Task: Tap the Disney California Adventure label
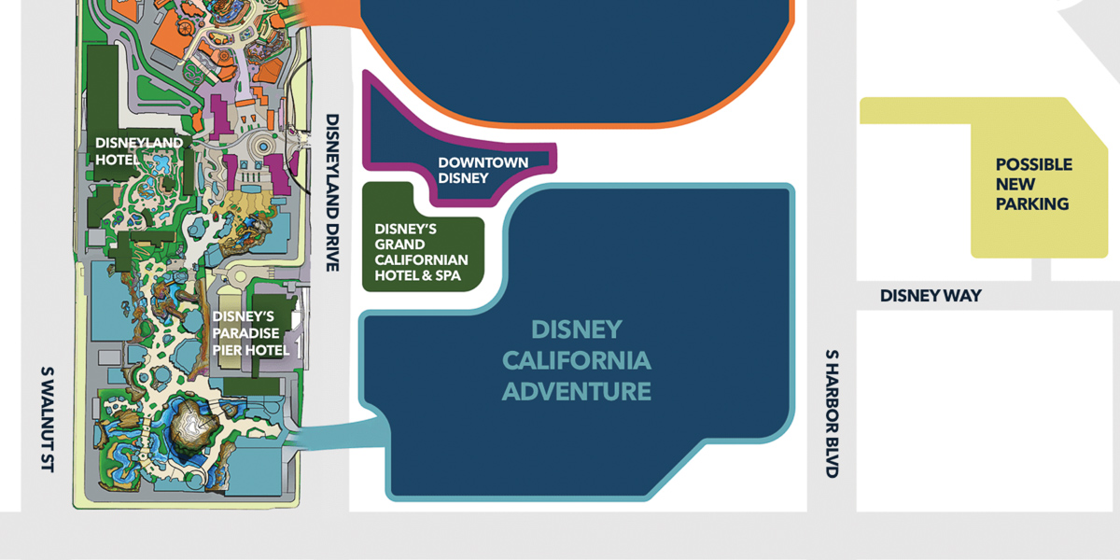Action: pyautogui.click(x=576, y=360)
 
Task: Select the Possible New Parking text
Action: pyautogui.click(x=1032, y=184)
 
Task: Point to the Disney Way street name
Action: pyautogui.click(x=931, y=296)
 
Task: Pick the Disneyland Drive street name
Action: pyautogui.click(x=331, y=192)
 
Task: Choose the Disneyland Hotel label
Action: pyautogui.click(x=139, y=150)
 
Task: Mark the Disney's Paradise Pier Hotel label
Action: pyautogui.click(x=250, y=332)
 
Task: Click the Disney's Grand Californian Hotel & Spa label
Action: pyautogui.click(x=421, y=252)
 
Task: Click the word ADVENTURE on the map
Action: pyautogui.click(x=576, y=390)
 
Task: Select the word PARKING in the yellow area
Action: pyautogui.click(x=1032, y=204)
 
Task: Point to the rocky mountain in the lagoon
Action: pyautogui.click(x=194, y=430)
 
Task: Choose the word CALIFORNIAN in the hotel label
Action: pyautogui.click(x=422, y=259)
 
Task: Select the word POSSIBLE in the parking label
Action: pyautogui.click(x=1033, y=164)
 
